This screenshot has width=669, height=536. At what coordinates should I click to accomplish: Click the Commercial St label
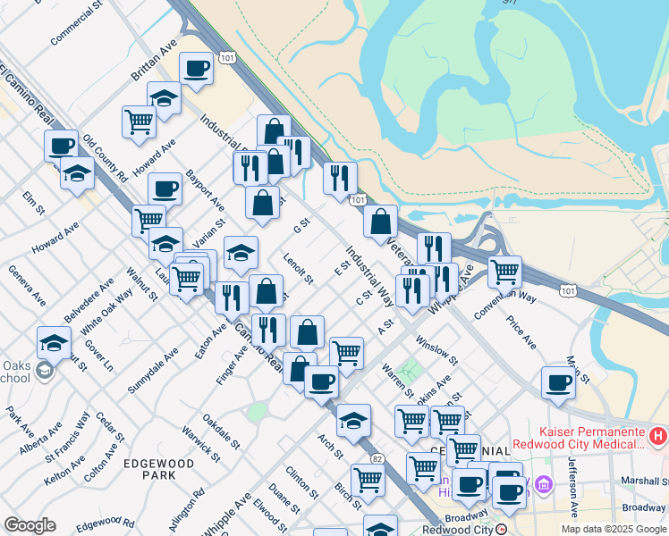click(x=76, y=26)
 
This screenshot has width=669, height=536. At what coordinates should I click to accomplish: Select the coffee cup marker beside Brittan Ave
click(x=196, y=67)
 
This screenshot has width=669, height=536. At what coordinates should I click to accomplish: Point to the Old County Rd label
click(x=106, y=160)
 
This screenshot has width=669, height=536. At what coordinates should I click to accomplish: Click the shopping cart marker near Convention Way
click(x=505, y=269)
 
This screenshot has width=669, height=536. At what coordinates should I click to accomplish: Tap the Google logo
click(x=30, y=525)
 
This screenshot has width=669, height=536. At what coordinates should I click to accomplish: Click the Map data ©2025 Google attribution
click(x=614, y=529)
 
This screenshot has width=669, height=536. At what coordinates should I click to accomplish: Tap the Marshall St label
click(x=644, y=481)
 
